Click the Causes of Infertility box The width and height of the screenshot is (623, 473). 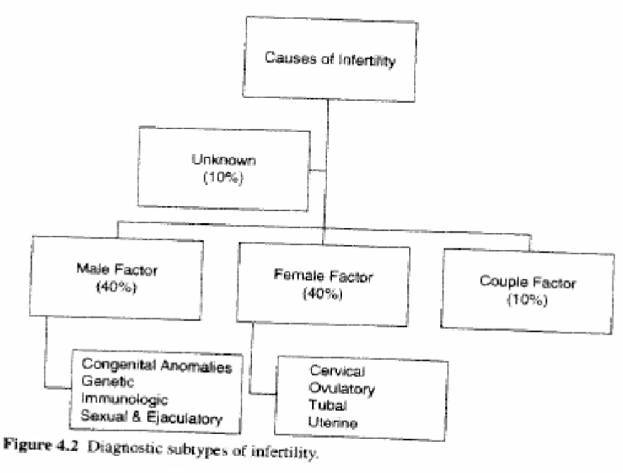(329, 60)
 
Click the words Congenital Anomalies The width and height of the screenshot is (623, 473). (157, 365)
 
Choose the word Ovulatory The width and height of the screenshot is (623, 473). (341, 388)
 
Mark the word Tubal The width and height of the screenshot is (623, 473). (324, 406)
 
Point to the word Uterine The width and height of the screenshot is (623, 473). (333, 423)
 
